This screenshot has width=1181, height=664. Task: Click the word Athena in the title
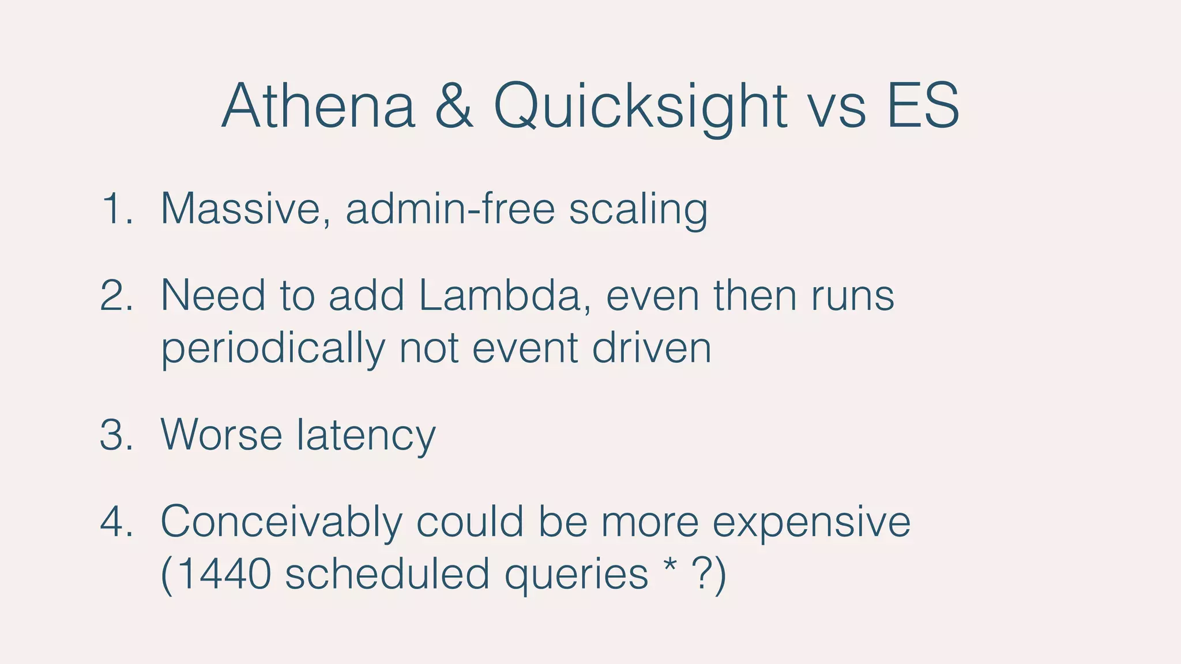[x=318, y=107]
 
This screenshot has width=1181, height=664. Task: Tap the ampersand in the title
[x=454, y=107]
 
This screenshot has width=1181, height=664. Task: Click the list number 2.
[x=116, y=296]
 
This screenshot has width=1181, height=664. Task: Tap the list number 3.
[x=116, y=435]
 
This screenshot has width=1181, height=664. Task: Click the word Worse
[x=221, y=435]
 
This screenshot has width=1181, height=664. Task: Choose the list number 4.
[x=116, y=522]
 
